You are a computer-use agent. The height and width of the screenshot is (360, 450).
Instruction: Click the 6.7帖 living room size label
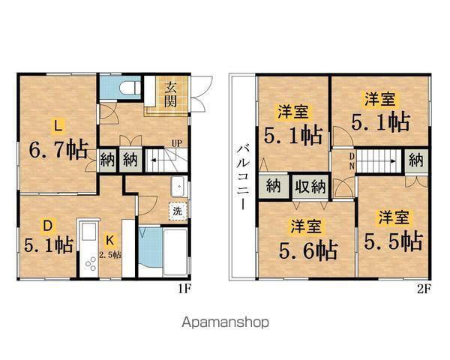tap(57, 149)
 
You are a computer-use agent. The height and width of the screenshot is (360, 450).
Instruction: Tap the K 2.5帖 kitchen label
tap(109, 247)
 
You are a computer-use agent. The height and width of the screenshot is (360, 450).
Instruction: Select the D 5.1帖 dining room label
tap(47, 237)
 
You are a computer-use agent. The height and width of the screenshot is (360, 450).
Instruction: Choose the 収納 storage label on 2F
tap(308, 186)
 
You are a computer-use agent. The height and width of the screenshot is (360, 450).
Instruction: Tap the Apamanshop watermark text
tap(225, 322)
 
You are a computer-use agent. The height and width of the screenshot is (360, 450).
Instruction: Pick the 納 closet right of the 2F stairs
tap(416, 159)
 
